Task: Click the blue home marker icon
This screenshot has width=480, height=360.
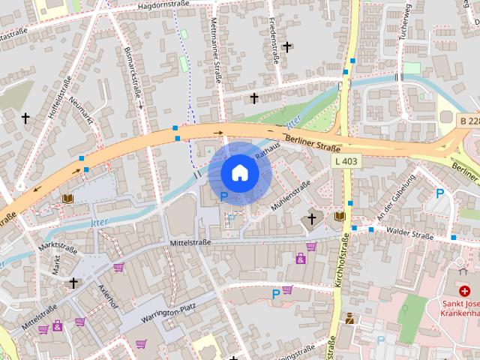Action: pyautogui.click(x=239, y=173)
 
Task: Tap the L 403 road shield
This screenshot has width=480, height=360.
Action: pyautogui.click(x=346, y=161)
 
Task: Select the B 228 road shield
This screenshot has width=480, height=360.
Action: pyautogui.click(x=469, y=120)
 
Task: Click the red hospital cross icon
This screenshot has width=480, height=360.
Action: pyautogui.click(x=465, y=290)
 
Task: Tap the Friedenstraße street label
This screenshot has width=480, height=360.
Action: pyautogui.click(x=274, y=45)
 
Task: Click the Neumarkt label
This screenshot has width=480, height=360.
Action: pyautogui.click(x=82, y=110)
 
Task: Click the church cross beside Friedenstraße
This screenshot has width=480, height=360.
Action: pyautogui.click(x=286, y=46)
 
